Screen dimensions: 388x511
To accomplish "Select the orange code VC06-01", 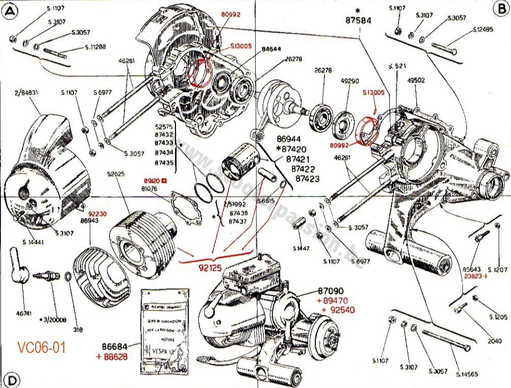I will [x=41, y=348].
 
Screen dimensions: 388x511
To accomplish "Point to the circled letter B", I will [x=500, y=8].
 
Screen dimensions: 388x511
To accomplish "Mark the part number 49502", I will [x=416, y=81].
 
